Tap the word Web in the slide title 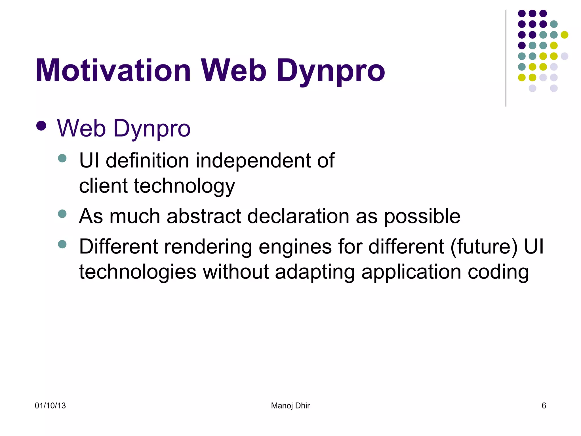233,70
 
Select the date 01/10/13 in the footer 50,406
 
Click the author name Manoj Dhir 290,406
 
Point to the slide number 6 544,406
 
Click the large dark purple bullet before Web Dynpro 41,126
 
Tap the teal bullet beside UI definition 62,158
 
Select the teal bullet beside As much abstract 62,213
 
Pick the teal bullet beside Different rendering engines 62,244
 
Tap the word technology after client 184,186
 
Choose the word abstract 204,216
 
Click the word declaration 298,216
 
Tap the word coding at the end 498,272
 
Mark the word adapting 315,272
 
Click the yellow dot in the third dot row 564,35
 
